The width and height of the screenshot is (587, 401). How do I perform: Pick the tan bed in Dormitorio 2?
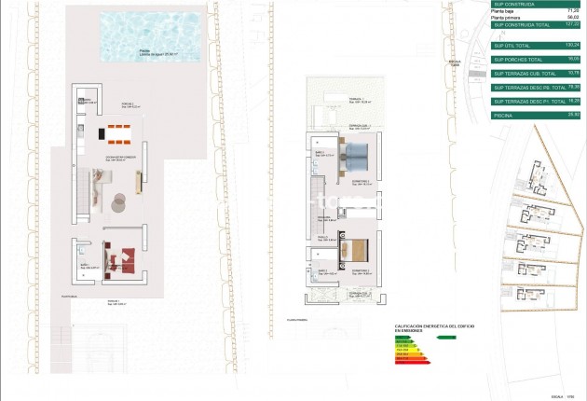[360, 250]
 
